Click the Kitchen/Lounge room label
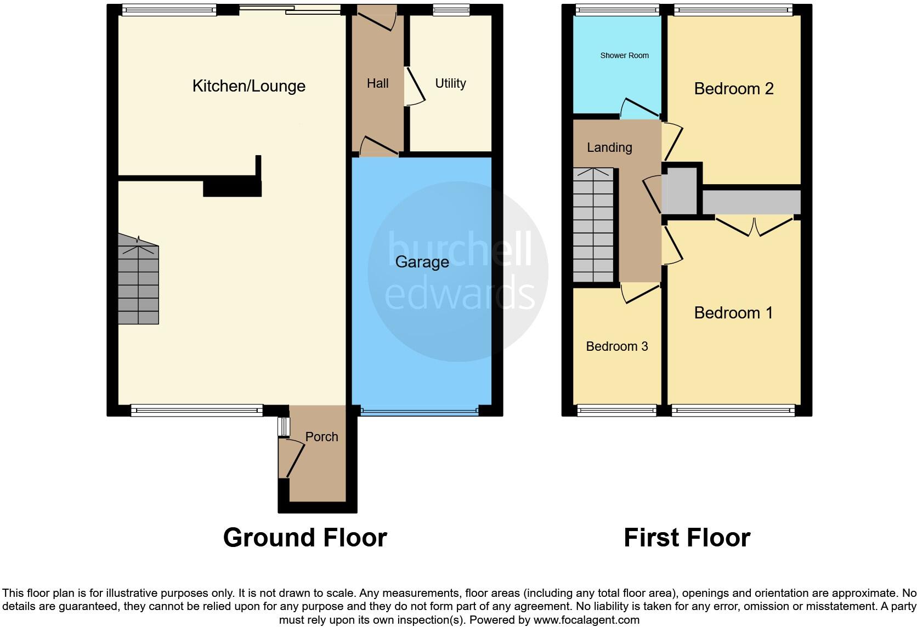point(248,86)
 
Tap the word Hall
point(377,83)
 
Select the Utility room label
point(450,83)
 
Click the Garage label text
point(422,262)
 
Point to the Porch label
point(321,437)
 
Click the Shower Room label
point(624,55)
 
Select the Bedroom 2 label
point(733,89)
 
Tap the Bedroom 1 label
point(733,313)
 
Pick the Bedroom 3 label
point(616,346)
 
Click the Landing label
point(609,147)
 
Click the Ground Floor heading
point(305,538)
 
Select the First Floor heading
point(687,538)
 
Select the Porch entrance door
point(291,459)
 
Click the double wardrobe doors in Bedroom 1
point(755,227)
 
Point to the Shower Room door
point(639,108)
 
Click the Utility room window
point(451,9)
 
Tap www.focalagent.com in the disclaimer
point(586,620)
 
